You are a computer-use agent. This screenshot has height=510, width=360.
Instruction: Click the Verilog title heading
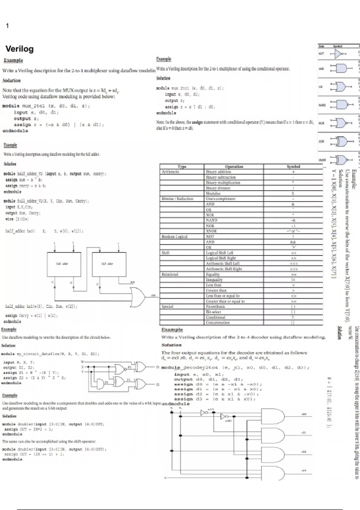pos(19,49)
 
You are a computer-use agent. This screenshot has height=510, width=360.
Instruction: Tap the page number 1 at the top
pos(7,26)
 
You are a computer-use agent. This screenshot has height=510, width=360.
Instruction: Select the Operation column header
pos(234,166)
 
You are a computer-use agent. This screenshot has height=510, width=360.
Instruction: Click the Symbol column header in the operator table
pos(293,166)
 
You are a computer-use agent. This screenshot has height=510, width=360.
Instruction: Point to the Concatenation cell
pos(217,323)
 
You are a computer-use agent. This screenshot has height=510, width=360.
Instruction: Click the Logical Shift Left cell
pos(219,253)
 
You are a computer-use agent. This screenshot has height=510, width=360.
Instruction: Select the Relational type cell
pos(170,274)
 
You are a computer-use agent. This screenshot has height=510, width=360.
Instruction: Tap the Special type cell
pos(167,307)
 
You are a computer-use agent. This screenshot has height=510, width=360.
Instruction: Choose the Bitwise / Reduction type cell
pos(177,199)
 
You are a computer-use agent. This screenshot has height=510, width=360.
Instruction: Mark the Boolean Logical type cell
pos(174,237)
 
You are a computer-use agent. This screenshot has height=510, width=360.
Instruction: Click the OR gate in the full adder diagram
pos(137,297)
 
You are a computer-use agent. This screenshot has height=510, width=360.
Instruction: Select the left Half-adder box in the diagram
pos(64,264)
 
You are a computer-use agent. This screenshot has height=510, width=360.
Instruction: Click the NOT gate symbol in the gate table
pos(338,54)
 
